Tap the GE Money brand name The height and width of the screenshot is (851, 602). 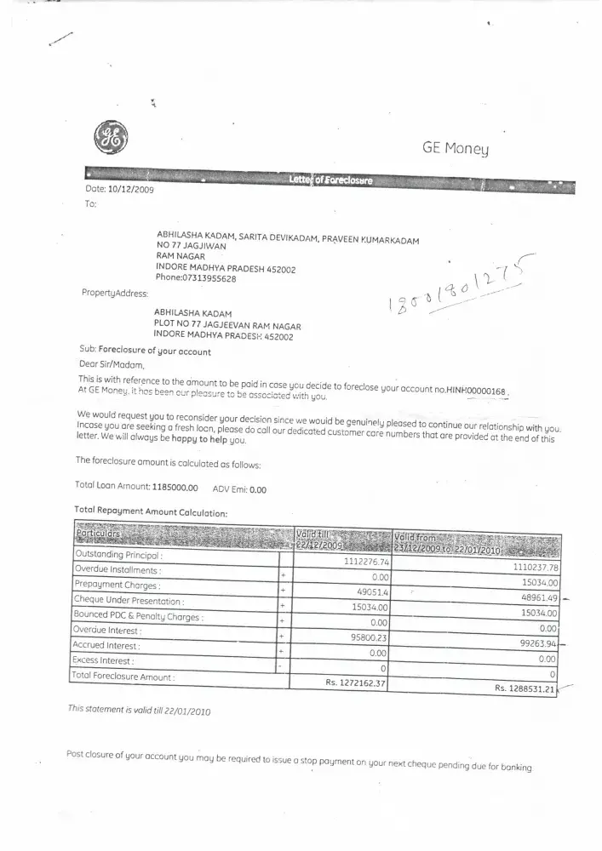point(456,149)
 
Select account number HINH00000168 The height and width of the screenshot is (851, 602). point(476,390)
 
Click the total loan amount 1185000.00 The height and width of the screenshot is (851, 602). point(175,488)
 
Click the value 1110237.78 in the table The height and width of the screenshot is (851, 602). point(528,568)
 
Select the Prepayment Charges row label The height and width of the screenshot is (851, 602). point(118,585)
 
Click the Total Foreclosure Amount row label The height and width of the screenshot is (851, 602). point(124,677)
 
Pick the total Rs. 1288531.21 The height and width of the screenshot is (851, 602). point(525,688)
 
